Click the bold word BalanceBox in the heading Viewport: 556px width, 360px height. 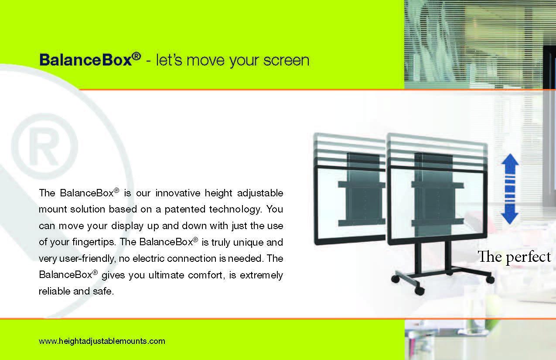click(x=85, y=60)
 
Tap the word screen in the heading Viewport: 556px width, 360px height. click(x=287, y=60)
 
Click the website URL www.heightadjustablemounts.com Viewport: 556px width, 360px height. click(x=102, y=341)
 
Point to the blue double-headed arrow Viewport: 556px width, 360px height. click(x=510, y=189)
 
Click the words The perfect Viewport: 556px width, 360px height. click(x=514, y=257)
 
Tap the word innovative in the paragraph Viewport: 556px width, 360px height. click(x=178, y=193)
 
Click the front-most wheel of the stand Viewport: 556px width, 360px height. click(x=419, y=291)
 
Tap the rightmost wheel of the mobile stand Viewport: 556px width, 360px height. click(x=490, y=280)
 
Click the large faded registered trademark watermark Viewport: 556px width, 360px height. click(x=44, y=147)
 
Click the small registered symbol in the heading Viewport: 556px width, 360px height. click(x=136, y=56)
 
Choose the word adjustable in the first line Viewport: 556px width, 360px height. click(x=260, y=193)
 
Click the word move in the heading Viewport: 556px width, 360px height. click(x=205, y=61)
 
